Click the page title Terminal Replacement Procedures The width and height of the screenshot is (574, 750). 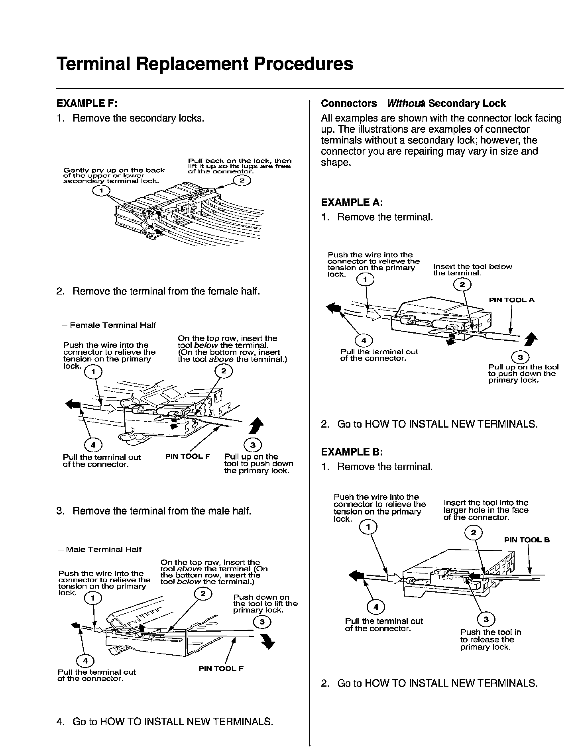tap(204, 64)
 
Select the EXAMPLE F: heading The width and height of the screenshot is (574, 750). tap(87, 103)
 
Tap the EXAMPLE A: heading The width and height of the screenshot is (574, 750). tap(352, 202)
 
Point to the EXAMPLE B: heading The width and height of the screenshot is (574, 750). tap(352, 452)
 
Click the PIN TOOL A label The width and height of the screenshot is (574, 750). tap(511, 300)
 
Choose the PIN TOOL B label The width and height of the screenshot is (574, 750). tap(527, 540)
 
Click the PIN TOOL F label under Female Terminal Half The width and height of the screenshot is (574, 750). tap(187, 456)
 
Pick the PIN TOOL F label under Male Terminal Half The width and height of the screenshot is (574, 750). tap(221, 668)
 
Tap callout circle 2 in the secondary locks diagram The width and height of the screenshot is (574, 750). tap(242, 181)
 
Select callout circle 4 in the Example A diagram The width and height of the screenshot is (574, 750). tap(364, 340)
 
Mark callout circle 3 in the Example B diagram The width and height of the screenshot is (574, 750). tap(486, 619)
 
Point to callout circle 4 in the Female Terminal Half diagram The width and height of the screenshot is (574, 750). tap(93, 445)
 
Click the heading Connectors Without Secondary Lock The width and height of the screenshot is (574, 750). tap(413, 104)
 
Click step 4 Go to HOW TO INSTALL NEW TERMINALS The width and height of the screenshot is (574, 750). tap(165, 721)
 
